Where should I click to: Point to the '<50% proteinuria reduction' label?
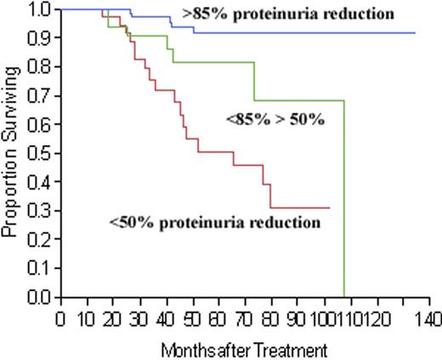pyautogui.click(x=214, y=222)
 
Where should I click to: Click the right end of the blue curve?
pyautogui.click(x=415, y=32)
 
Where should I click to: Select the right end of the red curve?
pyautogui.click(x=329, y=208)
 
